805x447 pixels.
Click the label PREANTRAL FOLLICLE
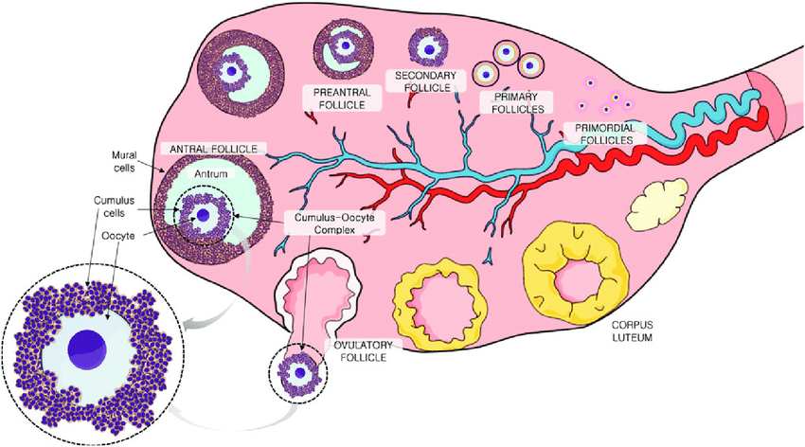(x=341, y=98)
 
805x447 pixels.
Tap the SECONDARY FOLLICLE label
(x=425, y=81)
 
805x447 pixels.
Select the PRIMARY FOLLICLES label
(x=517, y=102)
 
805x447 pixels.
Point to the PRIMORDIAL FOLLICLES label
(x=604, y=134)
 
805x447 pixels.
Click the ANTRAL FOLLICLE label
(x=214, y=149)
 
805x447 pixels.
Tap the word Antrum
(x=210, y=174)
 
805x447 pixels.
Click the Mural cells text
(x=124, y=161)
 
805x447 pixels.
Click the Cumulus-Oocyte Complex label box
(x=334, y=223)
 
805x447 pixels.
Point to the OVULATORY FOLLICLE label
(x=364, y=351)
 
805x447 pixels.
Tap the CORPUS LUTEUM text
(x=632, y=331)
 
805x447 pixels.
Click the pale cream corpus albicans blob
(x=656, y=204)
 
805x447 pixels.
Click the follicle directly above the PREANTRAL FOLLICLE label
(x=344, y=47)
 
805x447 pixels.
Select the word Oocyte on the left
(x=118, y=236)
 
